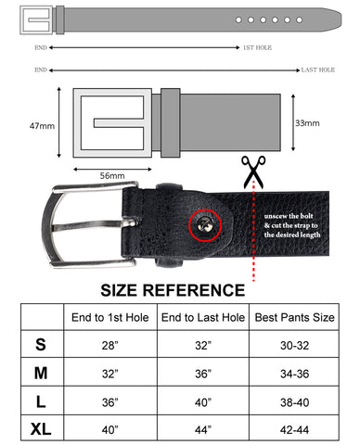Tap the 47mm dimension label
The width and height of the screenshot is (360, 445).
[42, 124]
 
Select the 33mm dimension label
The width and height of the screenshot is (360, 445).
[307, 122]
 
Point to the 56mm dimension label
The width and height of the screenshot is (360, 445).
[112, 174]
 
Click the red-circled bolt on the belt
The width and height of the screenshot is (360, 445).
[205, 222]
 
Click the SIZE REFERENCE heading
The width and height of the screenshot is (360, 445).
[173, 290]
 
